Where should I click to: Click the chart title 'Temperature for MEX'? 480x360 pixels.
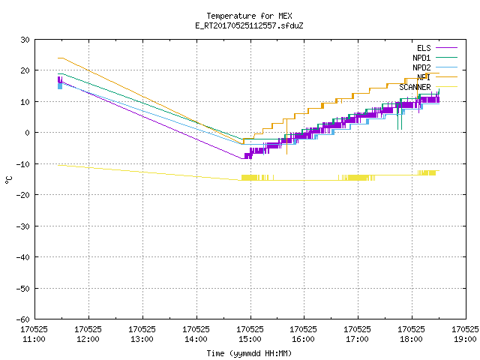249,16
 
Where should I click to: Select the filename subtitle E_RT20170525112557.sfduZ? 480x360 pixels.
249,25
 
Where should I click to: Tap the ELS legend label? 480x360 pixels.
424,48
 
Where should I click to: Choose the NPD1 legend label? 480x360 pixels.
421,58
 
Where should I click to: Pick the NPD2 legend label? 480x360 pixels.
421,67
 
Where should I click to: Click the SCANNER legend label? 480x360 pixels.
415,87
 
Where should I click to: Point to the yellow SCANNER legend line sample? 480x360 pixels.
447,87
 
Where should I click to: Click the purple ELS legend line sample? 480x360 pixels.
447,48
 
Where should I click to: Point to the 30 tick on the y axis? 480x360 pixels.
25,40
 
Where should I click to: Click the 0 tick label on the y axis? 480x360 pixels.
28,133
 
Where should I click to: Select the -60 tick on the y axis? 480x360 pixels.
23,319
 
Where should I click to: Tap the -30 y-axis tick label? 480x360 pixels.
23,226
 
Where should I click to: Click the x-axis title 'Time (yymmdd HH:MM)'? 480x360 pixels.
249,353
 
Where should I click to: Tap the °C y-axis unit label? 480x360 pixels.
8,180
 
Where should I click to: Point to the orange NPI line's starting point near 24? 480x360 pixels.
58,58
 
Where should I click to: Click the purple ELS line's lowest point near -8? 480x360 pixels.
241,158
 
